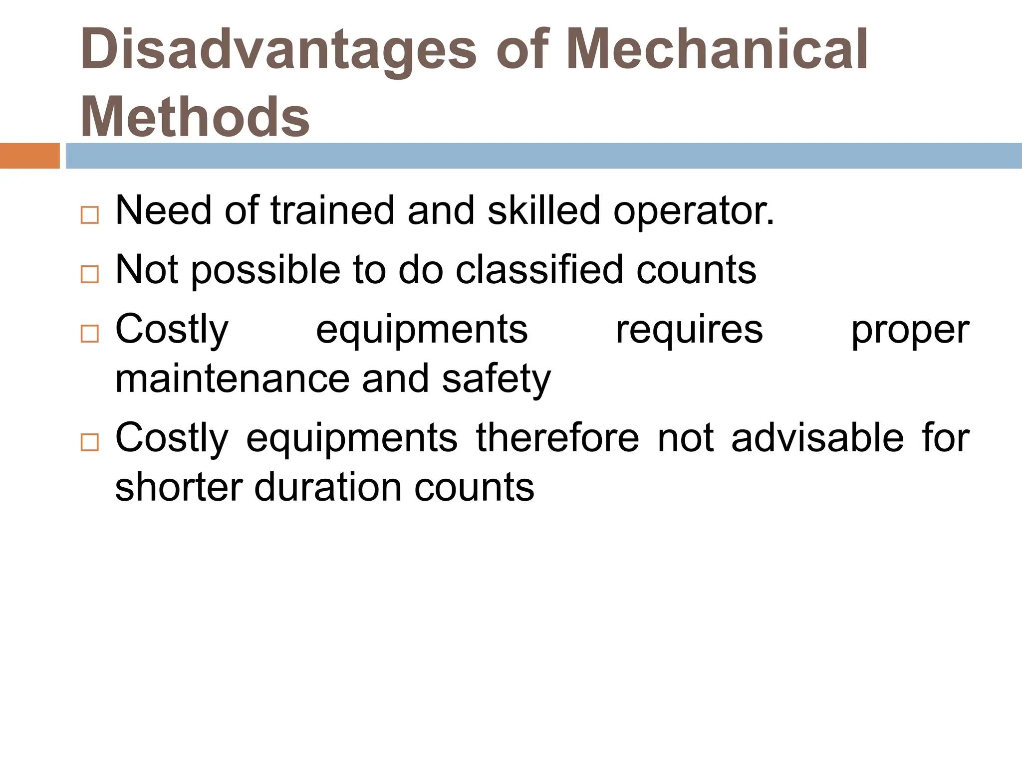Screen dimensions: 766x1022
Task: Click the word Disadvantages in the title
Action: click(x=278, y=50)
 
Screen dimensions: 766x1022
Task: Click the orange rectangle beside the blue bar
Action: click(x=29, y=156)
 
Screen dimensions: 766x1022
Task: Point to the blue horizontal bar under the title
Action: click(x=543, y=156)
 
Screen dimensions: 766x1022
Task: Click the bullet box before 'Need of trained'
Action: click(x=89, y=215)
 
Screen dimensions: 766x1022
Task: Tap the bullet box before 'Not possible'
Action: click(x=89, y=274)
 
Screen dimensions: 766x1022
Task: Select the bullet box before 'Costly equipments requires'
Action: click(x=89, y=334)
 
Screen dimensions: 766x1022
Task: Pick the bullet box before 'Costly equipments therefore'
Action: click(x=89, y=442)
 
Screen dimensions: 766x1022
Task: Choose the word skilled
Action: click(x=543, y=210)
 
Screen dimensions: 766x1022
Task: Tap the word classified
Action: click(x=539, y=269)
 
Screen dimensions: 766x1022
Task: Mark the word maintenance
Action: click(x=232, y=379)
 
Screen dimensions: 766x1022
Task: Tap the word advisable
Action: click(x=817, y=438)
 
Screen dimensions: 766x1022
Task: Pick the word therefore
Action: click(x=557, y=438)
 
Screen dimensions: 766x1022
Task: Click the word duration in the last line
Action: click(x=327, y=487)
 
